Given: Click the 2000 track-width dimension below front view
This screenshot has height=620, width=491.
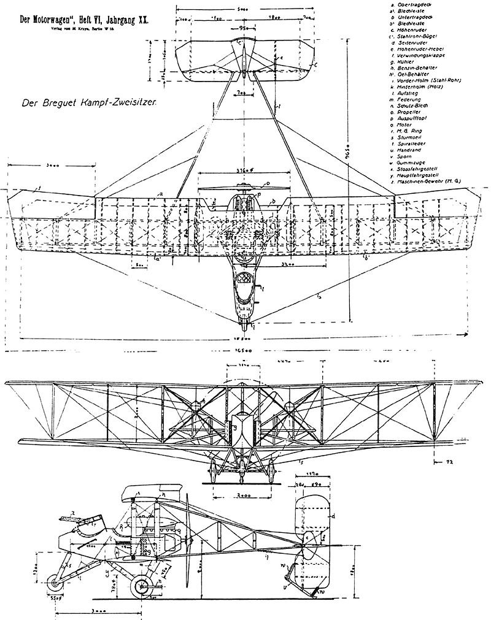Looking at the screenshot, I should tap(242, 494).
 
